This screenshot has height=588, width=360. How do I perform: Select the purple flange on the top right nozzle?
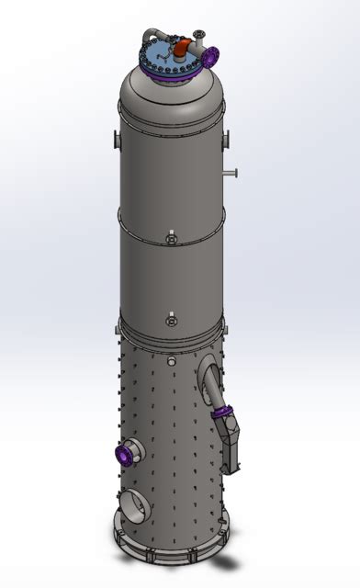point(210,56)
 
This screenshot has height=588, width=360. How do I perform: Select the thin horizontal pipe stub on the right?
point(231,173)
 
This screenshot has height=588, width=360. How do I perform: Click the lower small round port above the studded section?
point(170,321)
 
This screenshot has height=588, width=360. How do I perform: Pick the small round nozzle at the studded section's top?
point(170,361)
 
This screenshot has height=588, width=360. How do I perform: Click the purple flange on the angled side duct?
point(222,416)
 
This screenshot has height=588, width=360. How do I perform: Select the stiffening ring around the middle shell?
point(170,219)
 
